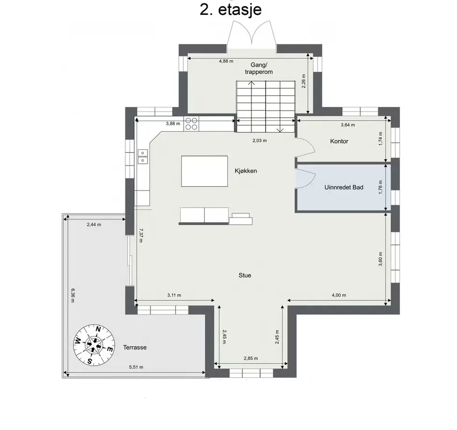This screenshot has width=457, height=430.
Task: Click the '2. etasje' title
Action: pyautogui.click(x=231, y=10)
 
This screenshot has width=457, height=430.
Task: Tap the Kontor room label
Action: pyautogui.click(x=339, y=141)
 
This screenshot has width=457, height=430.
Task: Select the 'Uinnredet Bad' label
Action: pyautogui.click(x=344, y=187)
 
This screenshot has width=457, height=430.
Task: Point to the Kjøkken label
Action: pyautogui.click(x=246, y=171)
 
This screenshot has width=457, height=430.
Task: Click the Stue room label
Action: pyautogui.click(x=245, y=275)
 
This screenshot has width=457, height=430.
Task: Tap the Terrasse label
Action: pyautogui.click(x=135, y=347)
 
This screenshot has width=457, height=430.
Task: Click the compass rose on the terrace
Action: pyautogui.click(x=94, y=345)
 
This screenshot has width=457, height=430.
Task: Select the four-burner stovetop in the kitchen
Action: pyautogui.click(x=191, y=124)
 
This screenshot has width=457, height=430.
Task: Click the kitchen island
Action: pyautogui.click(x=204, y=171)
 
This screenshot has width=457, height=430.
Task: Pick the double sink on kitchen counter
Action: pyautogui.click(x=143, y=156)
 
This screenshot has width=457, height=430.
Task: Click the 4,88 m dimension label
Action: pyautogui.click(x=226, y=61)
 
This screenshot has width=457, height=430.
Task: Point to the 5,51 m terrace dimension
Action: pyautogui.click(x=136, y=367)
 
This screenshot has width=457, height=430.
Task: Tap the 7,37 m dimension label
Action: pyautogui.click(x=141, y=235)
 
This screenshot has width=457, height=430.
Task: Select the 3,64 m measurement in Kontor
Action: pyautogui.click(x=348, y=125)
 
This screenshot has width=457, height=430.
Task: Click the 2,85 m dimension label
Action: pyautogui.click(x=251, y=359)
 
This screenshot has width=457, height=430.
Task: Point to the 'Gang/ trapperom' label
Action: pyautogui.click(x=259, y=68)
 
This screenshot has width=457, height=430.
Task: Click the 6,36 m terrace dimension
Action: pyautogui.click(x=73, y=295)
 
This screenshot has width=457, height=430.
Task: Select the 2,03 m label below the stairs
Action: pyautogui.click(x=260, y=141)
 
